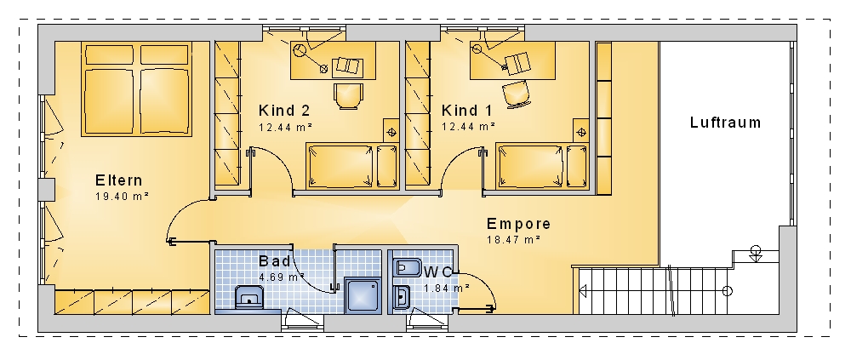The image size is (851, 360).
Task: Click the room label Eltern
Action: [x=119, y=180]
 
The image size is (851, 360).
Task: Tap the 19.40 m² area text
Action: [x=122, y=196]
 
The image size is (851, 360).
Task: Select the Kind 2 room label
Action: [x=284, y=111]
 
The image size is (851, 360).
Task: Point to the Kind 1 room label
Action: [x=466, y=111]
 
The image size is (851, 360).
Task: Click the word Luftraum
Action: [x=726, y=123]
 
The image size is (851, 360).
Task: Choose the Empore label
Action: [x=519, y=224]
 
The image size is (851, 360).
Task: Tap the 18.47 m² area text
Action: [x=513, y=239]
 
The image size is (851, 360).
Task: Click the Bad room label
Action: [x=275, y=261]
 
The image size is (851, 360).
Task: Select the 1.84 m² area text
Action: [x=447, y=289]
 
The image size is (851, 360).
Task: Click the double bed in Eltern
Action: [x=137, y=89]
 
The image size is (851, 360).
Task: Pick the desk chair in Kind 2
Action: [x=347, y=96]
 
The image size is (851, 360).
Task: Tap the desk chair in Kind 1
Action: [x=517, y=94]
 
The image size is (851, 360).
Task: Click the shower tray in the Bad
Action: [x=363, y=295]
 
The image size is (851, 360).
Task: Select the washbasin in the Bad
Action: [x=249, y=298]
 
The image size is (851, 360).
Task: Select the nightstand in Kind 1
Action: [x=581, y=131]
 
